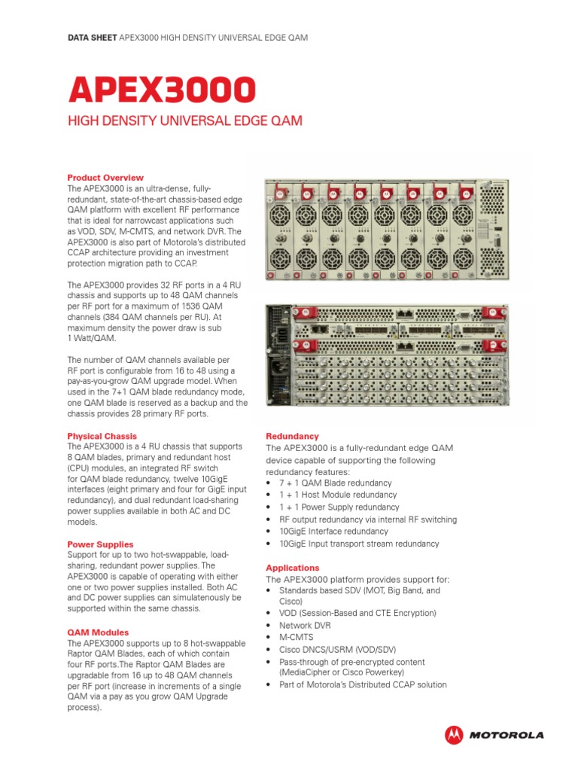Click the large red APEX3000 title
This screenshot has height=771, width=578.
coord(162,90)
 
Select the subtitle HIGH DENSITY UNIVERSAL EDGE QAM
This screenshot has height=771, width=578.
coord(185,121)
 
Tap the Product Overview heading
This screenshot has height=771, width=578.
coord(105,178)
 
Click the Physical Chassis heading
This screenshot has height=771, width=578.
coord(102,436)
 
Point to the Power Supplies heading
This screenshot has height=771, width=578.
coord(101,544)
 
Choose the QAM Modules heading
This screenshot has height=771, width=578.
coord(98,632)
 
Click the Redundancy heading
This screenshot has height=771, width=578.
coord(293,436)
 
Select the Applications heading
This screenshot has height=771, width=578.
coord(293,568)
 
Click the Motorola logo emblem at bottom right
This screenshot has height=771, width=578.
coord(454,734)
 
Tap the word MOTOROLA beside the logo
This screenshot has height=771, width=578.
coord(507,735)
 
